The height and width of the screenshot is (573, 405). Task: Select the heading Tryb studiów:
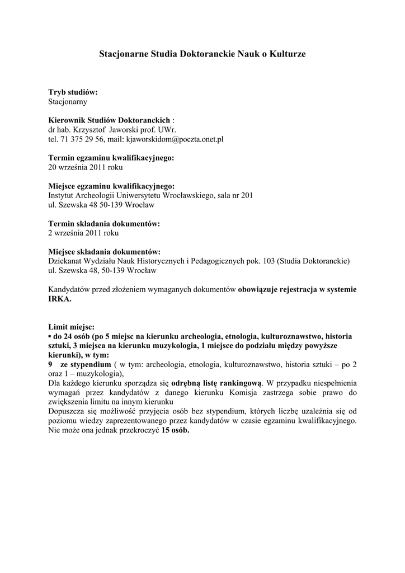pyautogui.click(x=73, y=92)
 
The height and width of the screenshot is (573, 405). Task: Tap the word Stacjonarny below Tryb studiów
pyautogui.click(x=68, y=102)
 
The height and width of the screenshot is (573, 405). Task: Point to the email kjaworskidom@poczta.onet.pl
pyautogui.click(x=175, y=139)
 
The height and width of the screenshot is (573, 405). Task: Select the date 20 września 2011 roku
pyautogui.click(x=86, y=167)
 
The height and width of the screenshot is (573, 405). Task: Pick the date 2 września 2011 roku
pyautogui.click(x=83, y=233)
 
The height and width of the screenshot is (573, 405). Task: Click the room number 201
pyautogui.click(x=247, y=195)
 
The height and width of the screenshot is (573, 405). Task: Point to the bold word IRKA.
pyautogui.click(x=60, y=299)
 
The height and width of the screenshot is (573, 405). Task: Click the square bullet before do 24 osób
pyautogui.click(x=50, y=337)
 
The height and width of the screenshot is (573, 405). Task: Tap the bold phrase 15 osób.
pyautogui.click(x=176, y=430)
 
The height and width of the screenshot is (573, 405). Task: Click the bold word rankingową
pyautogui.click(x=236, y=383)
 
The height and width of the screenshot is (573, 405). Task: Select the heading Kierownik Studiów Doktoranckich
pyautogui.click(x=109, y=120)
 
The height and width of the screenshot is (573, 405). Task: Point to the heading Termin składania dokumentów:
pyautogui.click(x=104, y=223)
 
